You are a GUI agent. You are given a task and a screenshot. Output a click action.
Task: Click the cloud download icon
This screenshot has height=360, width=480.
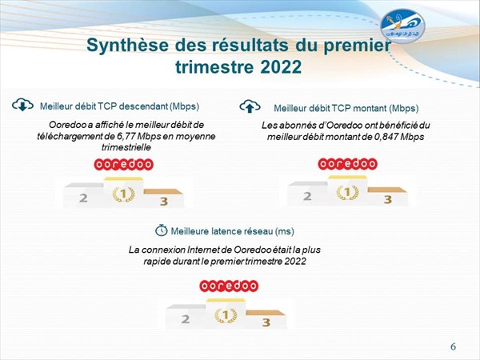(22, 105)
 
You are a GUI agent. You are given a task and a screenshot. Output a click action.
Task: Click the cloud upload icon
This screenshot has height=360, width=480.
(250, 106)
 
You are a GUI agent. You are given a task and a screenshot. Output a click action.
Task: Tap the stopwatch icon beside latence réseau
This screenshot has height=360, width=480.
(162, 230)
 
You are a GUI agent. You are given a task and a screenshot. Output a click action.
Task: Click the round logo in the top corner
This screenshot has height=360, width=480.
(402, 26)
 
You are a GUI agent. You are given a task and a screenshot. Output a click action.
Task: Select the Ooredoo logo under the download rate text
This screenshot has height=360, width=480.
(123, 164)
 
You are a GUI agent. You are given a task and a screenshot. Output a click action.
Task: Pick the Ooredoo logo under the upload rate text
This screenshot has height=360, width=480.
(347, 164)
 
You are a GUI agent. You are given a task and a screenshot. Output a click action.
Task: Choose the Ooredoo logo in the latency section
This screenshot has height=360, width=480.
(229, 286)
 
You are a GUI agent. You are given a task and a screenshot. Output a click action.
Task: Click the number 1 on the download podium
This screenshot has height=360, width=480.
(123, 194)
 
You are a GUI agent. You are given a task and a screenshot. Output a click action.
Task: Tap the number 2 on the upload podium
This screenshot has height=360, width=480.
(307, 196)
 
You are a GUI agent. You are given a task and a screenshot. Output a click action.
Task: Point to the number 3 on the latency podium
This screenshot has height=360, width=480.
(266, 322)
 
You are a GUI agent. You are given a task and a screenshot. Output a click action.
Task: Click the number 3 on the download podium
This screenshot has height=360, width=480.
(164, 201)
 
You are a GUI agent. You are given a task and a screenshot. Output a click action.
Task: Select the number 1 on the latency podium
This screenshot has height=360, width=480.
(226, 315)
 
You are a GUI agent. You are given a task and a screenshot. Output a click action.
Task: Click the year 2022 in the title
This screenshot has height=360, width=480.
(281, 66)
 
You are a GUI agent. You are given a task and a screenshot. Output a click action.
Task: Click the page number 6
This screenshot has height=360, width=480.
(453, 346)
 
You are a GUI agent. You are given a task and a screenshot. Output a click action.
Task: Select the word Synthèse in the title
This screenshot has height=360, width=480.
(127, 46)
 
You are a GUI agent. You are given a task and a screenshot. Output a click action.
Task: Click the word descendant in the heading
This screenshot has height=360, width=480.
(143, 106)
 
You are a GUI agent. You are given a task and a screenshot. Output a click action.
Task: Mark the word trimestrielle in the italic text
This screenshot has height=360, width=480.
(126, 147)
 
